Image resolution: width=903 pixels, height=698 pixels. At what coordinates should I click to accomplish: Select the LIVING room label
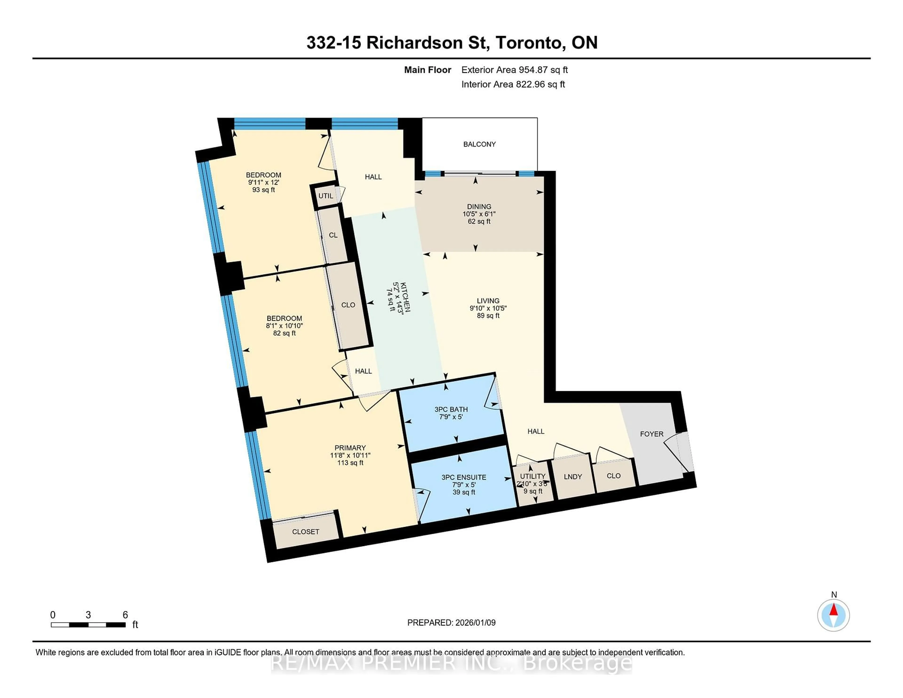(x=488, y=301)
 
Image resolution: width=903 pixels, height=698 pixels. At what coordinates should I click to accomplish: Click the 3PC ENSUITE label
(x=463, y=477)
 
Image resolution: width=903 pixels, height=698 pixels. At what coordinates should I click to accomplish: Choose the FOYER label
(x=652, y=434)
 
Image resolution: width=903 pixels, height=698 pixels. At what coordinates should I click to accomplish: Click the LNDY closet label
(x=573, y=477)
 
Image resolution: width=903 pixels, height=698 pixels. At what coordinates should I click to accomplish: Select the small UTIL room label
(x=326, y=196)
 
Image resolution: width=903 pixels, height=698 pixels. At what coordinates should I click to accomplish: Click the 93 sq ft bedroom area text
(x=263, y=190)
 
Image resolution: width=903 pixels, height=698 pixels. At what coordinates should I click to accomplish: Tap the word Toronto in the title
(x=531, y=43)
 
